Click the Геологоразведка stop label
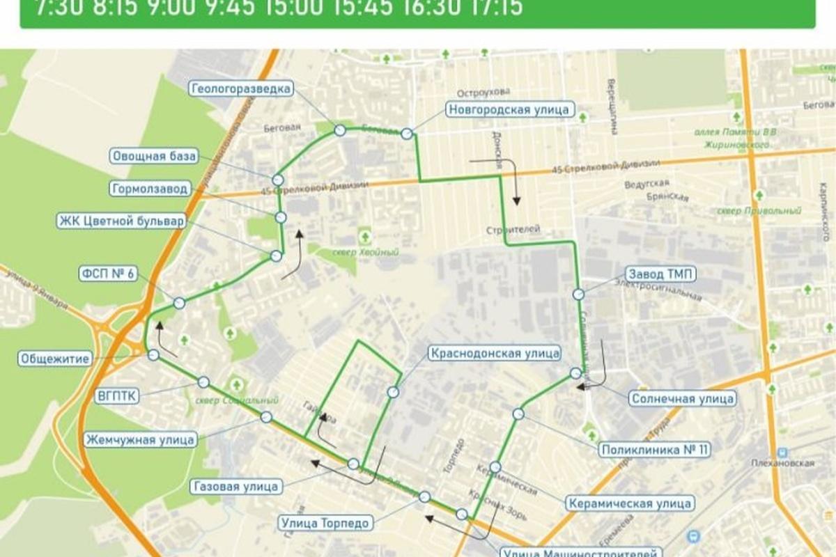[x=241, y=88]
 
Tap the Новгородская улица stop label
[x=509, y=109]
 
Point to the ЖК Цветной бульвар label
[x=121, y=221]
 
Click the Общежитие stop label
[x=55, y=359]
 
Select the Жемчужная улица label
[x=139, y=439]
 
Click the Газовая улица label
[x=237, y=486]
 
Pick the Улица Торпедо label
[x=325, y=522]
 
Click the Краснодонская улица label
[x=495, y=353]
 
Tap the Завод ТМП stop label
[x=660, y=273]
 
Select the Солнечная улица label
[x=682, y=399]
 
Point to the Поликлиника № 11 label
[x=654, y=450]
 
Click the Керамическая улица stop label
[x=628, y=503]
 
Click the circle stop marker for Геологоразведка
[x=340, y=130]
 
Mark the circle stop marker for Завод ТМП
[x=579, y=295]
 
